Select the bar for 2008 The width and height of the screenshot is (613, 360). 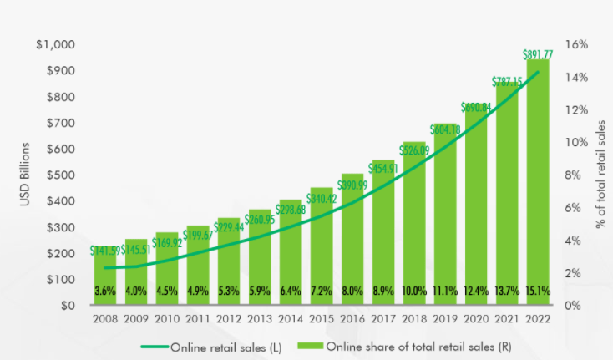pos(104,276)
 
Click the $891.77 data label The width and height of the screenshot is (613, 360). pos(538,54)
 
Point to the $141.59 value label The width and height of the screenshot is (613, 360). pos(105,250)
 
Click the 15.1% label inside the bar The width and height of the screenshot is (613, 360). pos(538,291)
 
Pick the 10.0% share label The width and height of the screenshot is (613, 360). pos(414,291)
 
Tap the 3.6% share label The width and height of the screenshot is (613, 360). pos(104,291)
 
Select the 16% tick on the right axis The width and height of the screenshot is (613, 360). pos(577,44)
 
